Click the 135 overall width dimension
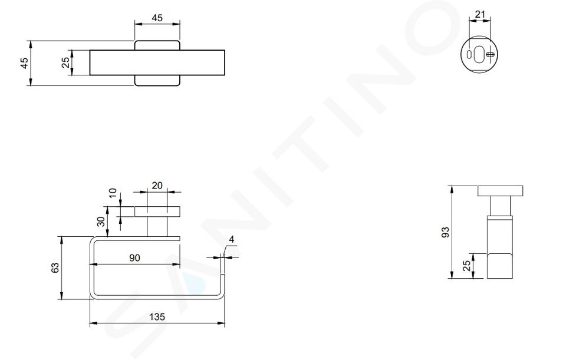coord(157,317)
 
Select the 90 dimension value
coord(134,258)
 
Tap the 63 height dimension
coord(55,267)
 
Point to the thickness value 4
coord(232,240)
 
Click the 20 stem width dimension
coord(157,186)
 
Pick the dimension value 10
coord(113,193)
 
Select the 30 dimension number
coord(101,221)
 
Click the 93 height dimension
coord(446,232)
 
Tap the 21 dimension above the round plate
coord(480,14)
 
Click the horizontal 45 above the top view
coord(157,18)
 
